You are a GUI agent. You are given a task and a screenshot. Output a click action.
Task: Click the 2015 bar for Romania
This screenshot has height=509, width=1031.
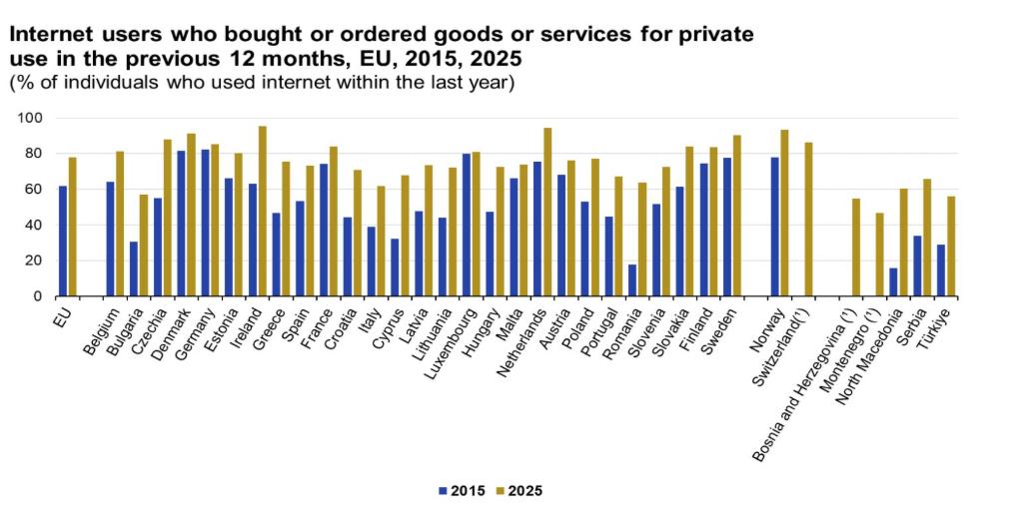632,280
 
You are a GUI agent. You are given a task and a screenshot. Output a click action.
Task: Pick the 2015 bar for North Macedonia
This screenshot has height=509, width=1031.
893,282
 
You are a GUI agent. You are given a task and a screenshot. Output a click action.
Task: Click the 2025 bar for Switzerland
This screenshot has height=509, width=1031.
808,220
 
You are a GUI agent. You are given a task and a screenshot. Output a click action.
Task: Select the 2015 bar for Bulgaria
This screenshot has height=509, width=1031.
134,269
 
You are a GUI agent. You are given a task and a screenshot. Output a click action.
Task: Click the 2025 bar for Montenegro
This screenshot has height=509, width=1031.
879,254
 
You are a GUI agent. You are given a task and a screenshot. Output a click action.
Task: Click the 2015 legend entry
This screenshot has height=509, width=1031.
462,490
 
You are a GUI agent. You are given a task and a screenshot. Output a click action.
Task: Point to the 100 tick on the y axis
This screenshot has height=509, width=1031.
34,118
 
